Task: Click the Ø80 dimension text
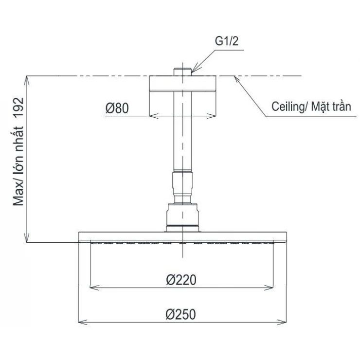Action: click(x=117, y=108)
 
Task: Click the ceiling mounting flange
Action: click(x=182, y=85)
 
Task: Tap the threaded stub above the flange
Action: click(x=182, y=72)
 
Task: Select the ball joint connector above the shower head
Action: click(x=182, y=214)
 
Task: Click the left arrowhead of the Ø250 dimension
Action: click(x=81, y=322)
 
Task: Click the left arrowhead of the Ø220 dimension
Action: click(x=92, y=287)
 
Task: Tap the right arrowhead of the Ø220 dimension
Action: click(x=273, y=287)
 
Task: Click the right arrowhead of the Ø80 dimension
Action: click(x=213, y=116)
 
